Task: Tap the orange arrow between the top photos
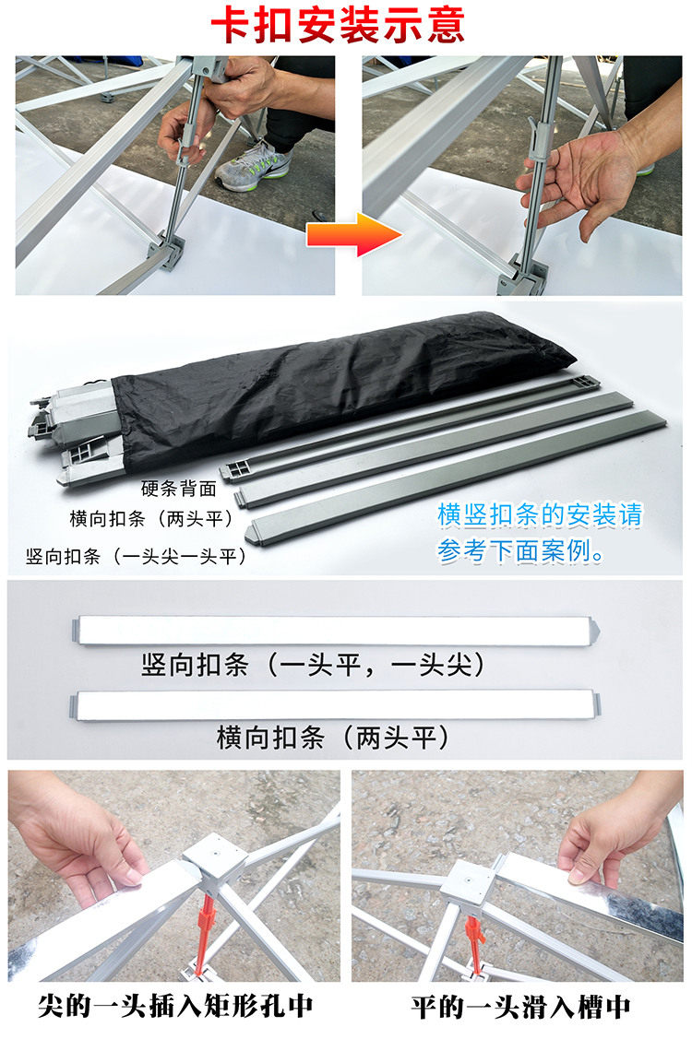coord(354,234)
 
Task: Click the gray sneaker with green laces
coord(254,166)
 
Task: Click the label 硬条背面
coord(178,489)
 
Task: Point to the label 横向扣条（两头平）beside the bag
coord(151,519)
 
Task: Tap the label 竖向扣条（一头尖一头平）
coord(137,556)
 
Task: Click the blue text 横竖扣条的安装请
coord(540,514)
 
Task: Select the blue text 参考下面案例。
coord(521,551)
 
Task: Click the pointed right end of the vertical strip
coord(595,630)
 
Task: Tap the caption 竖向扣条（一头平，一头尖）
coord(313,665)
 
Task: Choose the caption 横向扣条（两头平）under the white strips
coord(332,738)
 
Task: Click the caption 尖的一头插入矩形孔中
coord(175,1006)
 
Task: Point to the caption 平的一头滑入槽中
coord(521,1007)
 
